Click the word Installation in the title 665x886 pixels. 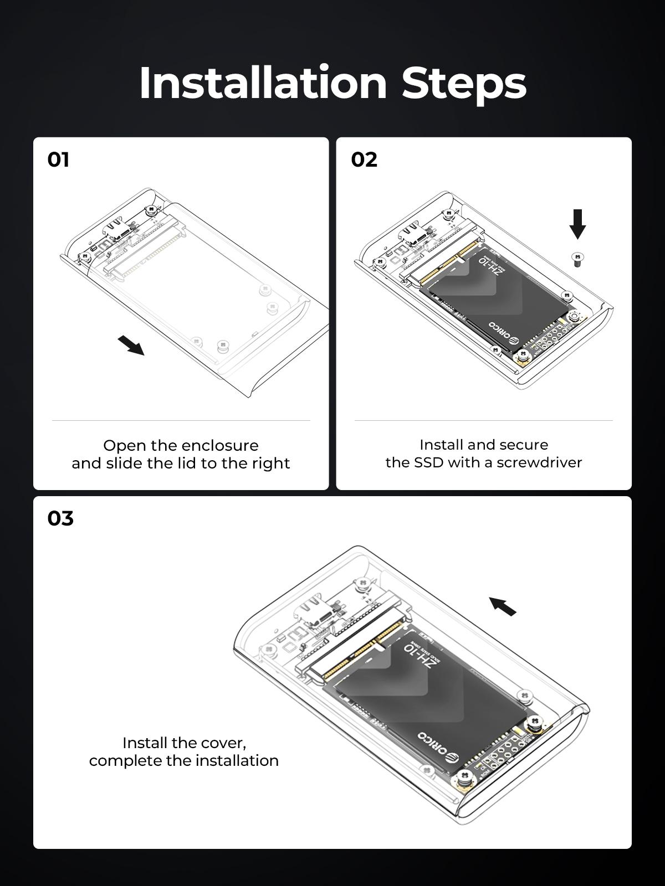(263, 83)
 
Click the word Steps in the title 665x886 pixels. (464, 84)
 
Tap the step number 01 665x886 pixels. (58, 159)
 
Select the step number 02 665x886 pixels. (364, 159)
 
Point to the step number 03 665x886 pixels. (60, 518)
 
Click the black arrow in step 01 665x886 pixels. (131, 345)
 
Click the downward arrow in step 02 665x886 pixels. (578, 224)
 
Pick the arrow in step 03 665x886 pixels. (503, 606)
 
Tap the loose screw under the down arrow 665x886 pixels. (578, 260)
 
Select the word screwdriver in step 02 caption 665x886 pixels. (539, 462)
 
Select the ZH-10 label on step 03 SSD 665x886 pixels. (418, 657)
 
